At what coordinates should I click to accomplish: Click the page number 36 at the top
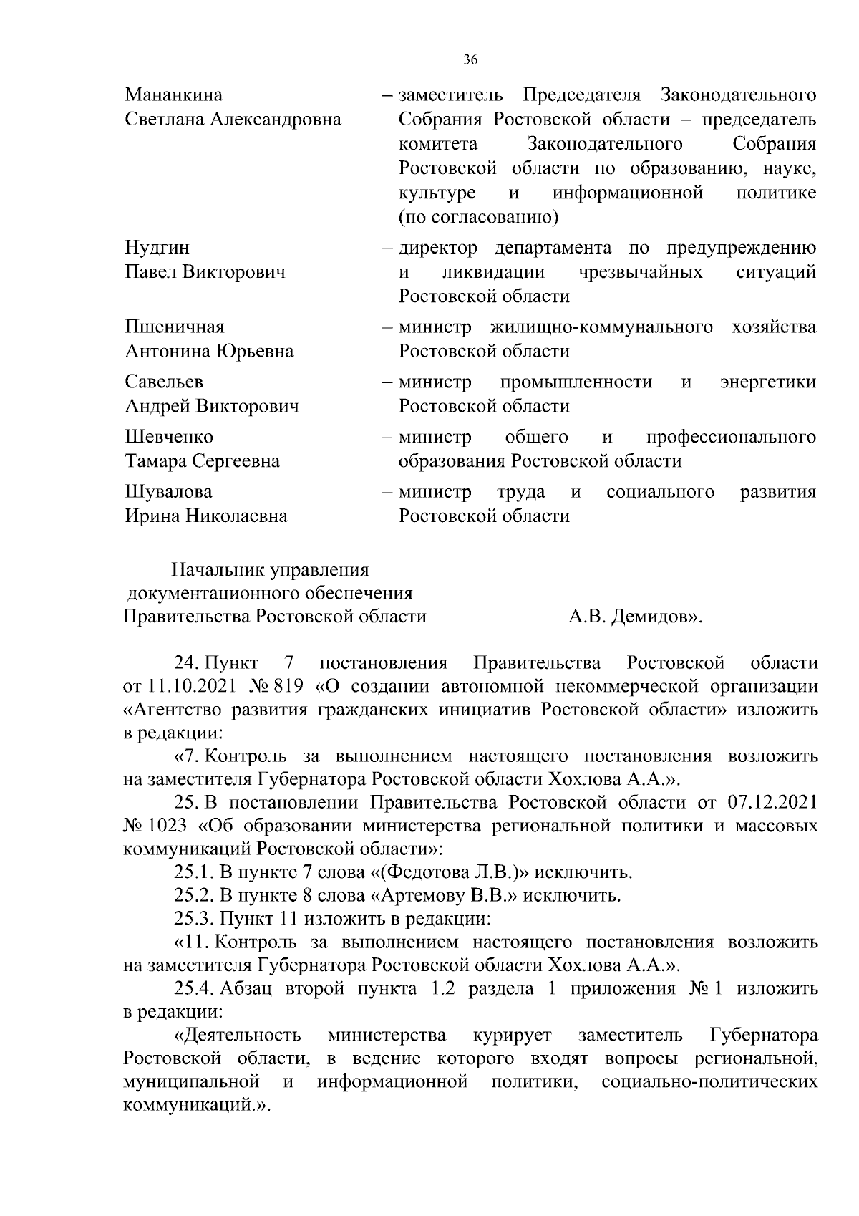tap(470, 60)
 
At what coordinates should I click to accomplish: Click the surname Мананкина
tap(173, 95)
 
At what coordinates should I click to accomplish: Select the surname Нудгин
tap(157, 248)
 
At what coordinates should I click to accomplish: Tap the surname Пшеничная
tap(175, 327)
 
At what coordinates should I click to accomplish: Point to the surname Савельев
tap(164, 382)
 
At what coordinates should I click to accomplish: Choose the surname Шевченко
tap(169, 437)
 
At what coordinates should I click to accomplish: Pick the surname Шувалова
tap(169, 492)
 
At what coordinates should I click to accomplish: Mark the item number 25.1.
tap(193, 873)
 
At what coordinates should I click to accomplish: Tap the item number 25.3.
tap(193, 919)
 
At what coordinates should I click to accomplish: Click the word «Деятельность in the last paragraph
tap(236, 1036)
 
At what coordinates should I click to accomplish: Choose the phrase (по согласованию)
tap(478, 216)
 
